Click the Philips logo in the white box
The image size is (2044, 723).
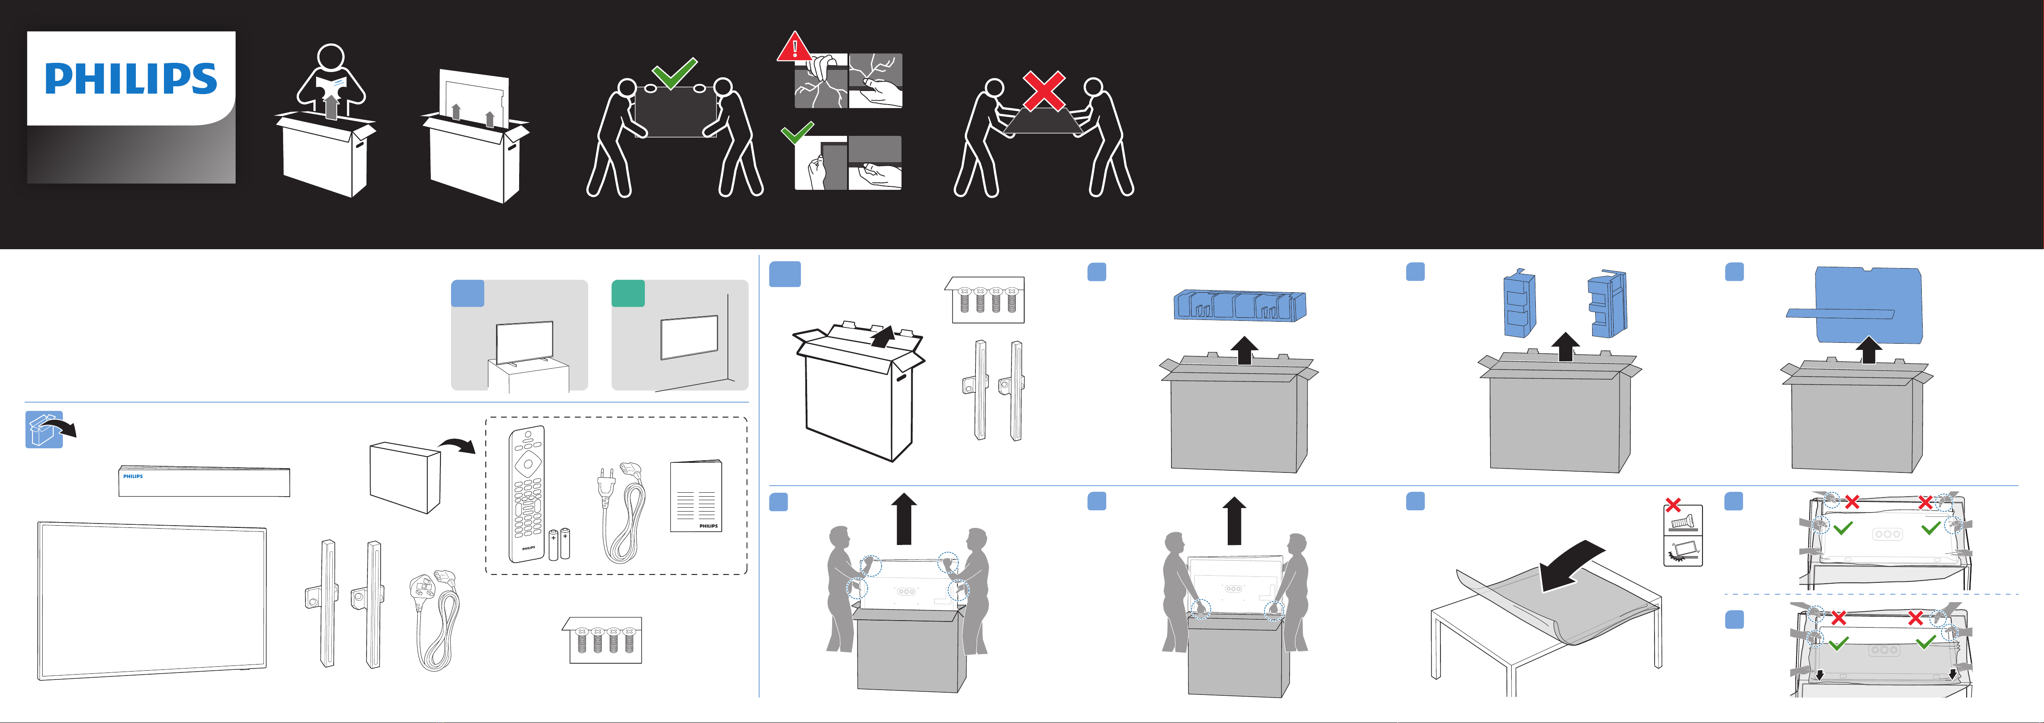[x=131, y=79]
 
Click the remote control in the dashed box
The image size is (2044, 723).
[x=527, y=494]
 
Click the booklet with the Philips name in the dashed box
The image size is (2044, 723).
[x=696, y=496]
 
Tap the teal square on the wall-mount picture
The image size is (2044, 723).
[x=628, y=293]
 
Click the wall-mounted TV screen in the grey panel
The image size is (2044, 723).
[x=689, y=337]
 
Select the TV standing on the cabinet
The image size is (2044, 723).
[x=524, y=343]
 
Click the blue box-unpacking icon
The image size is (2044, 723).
[x=44, y=429]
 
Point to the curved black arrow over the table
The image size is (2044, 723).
[x=1571, y=565]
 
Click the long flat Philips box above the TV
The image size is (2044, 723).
[x=204, y=481]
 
